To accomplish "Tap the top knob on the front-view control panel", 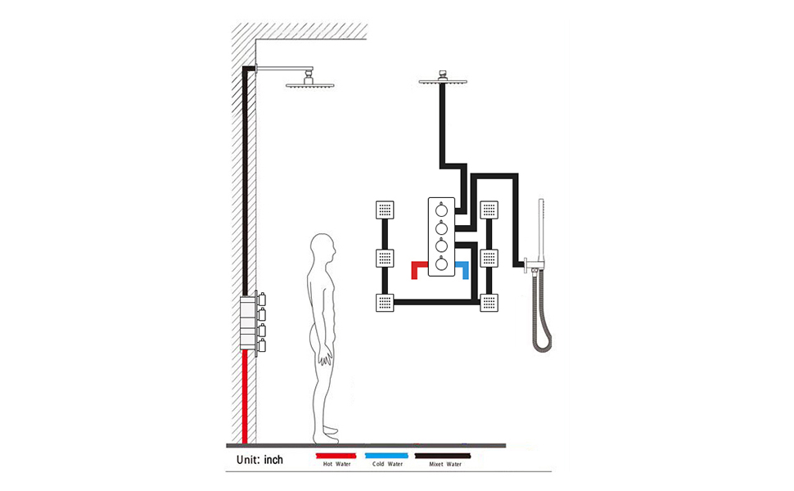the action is (x=442, y=210).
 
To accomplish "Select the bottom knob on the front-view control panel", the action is (x=442, y=264).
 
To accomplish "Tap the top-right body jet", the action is (x=490, y=210).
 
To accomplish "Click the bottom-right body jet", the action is (x=490, y=304).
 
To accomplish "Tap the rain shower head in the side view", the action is (x=306, y=83).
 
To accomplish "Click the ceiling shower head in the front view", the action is (x=442, y=80).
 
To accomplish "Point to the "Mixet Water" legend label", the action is (x=444, y=464).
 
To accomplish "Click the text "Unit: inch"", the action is (x=259, y=460).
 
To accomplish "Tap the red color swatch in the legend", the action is (x=335, y=454).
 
